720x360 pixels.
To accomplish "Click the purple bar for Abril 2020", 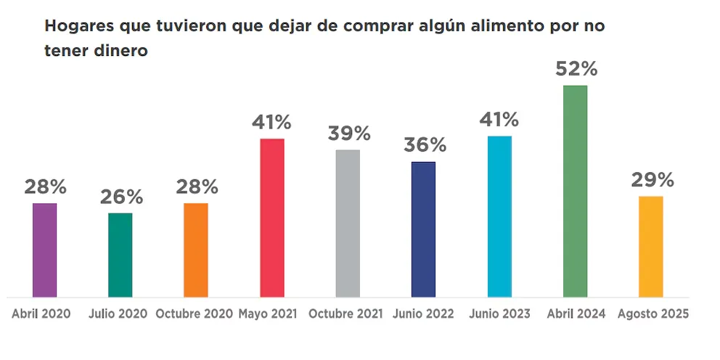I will point(45,250).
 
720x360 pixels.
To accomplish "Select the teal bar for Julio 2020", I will point(120,255).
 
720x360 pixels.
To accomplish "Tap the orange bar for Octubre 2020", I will point(196,250).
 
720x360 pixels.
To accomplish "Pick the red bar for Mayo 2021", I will point(272,218).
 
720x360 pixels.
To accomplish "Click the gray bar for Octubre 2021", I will point(348,223).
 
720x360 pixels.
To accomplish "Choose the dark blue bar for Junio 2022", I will point(423,229).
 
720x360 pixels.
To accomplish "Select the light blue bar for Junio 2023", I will point(499,216).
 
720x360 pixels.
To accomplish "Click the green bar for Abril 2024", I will point(575,191).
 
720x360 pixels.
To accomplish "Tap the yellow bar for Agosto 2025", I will point(651,246).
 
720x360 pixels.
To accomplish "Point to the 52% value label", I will point(576,69).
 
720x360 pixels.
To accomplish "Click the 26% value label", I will point(121,196).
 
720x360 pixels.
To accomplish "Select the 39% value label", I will point(348,134).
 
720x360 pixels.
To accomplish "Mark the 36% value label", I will point(424,144).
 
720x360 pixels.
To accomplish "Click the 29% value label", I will point(652,179).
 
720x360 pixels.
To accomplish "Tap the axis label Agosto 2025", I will point(652,314).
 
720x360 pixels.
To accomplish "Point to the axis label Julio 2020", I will point(118,314).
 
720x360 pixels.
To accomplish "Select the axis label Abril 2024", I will point(575,314).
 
